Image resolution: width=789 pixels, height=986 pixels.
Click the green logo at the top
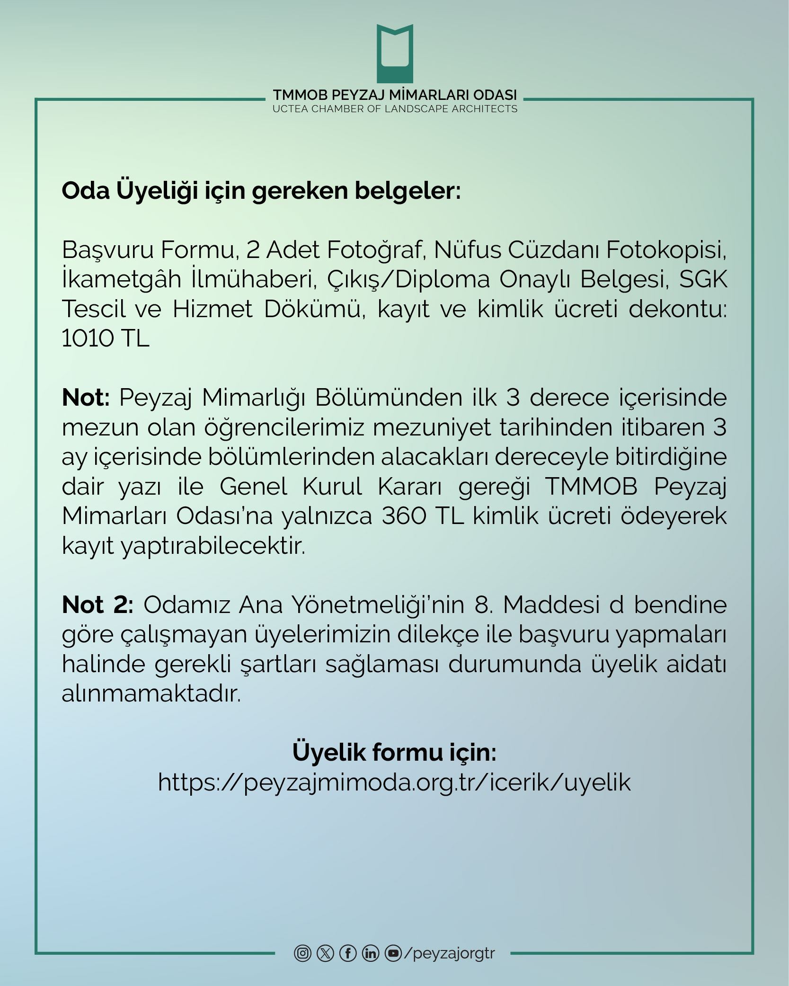click(395, 53)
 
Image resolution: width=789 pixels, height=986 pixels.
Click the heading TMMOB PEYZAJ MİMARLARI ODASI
click(395, 95)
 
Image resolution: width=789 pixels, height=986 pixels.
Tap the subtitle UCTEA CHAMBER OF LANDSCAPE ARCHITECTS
click(395, 109)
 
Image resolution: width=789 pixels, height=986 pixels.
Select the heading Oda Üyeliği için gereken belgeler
click(261, 191)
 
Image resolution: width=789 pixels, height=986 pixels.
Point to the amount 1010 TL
click(106, 338)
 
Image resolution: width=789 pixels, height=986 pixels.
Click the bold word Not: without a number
click(86, 398)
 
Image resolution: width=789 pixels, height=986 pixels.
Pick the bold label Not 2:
click(98, 604)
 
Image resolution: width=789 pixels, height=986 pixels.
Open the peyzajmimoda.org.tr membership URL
click(394, 782)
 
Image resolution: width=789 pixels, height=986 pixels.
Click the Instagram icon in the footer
click(302, 952)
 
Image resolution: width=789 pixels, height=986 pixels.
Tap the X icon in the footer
click(325, 952)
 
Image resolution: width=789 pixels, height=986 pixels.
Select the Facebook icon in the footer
click(348, 952)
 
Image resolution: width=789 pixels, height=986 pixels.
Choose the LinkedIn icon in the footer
click(371, 952)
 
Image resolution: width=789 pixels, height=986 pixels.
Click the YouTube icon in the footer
click(393, 952)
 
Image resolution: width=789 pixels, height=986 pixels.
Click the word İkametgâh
click(121, 280)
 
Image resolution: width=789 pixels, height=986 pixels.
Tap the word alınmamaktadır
click(151, 694)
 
